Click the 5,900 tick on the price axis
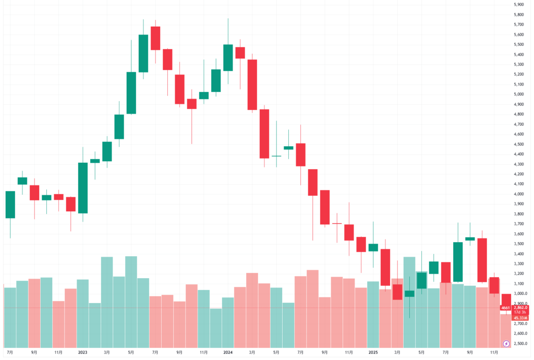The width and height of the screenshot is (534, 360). [518, 5]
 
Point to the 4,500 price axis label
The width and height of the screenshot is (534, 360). [518, 145]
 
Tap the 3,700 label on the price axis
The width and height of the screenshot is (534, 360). [518, 224]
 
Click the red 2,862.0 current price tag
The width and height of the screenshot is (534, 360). [519, 308]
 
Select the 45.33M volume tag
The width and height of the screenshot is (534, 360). [519, 318]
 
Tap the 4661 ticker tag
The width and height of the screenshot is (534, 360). [505, 308]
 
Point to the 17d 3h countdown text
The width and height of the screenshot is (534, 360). [519, 313]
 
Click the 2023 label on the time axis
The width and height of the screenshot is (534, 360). [82, 352]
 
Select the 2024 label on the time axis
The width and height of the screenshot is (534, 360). [227, 352]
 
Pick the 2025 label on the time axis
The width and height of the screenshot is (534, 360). [372, 352]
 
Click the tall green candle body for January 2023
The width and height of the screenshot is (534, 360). [83, 188]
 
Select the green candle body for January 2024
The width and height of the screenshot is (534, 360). [228, 57]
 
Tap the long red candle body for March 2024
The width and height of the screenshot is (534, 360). [252, 85]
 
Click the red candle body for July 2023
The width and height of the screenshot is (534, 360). [155, 38]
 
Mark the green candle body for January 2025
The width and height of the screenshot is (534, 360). [373, 247]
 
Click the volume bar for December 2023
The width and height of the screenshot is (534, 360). [215, 328]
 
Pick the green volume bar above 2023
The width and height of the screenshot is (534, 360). [83, 314]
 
